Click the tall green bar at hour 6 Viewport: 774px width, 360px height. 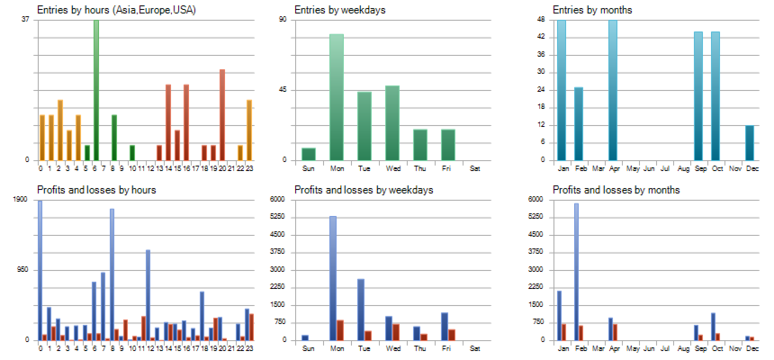[x=96, y=90]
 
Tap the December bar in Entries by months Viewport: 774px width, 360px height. [x=750, y=143]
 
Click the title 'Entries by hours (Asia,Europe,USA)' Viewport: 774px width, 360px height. [x=117, y=10]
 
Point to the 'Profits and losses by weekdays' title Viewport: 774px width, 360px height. [x=364, y=190]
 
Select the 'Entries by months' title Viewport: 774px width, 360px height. [x=591, y=10]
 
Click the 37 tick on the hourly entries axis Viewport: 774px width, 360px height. [x=25, y=20]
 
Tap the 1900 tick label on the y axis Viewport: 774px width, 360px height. [x=21, y=200]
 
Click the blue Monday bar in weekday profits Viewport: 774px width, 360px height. [x=333, y=278]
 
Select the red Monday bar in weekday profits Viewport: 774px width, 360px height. [x=340, y=330]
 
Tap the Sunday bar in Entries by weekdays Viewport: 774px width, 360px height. [x=309, y=154]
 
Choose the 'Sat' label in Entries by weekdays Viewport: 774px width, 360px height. [x=475, y=168]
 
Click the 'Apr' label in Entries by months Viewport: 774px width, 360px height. [x=613, y=168]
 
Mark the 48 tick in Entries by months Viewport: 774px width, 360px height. [x=540, y=20]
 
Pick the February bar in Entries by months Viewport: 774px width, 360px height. [x=579, y=123]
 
